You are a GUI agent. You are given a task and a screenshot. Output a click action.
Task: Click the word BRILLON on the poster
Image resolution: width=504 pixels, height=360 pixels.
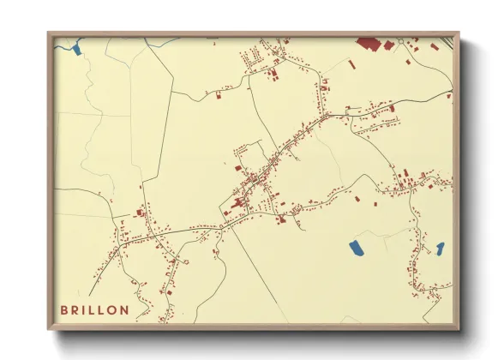(95, 309)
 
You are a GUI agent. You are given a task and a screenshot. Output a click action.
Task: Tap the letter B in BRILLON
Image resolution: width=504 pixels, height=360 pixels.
(64, 309)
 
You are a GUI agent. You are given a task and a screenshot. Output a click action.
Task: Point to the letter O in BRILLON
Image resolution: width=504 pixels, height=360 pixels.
(114, 309)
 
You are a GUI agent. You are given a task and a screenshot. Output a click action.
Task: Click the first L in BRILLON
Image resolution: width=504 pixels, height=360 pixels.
(93, 309)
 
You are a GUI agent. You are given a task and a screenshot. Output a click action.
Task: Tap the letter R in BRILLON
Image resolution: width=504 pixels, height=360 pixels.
(75, 309)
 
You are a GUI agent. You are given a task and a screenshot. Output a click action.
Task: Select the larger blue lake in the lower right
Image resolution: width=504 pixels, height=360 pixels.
(356, 249)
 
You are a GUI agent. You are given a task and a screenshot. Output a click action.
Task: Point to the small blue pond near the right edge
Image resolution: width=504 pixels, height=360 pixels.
(440, 249)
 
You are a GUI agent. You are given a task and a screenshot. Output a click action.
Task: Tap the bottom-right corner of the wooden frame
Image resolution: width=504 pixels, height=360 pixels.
(459, 328)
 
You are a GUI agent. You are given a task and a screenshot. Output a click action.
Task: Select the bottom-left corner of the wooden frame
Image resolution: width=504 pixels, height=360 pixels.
(49, 328)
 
